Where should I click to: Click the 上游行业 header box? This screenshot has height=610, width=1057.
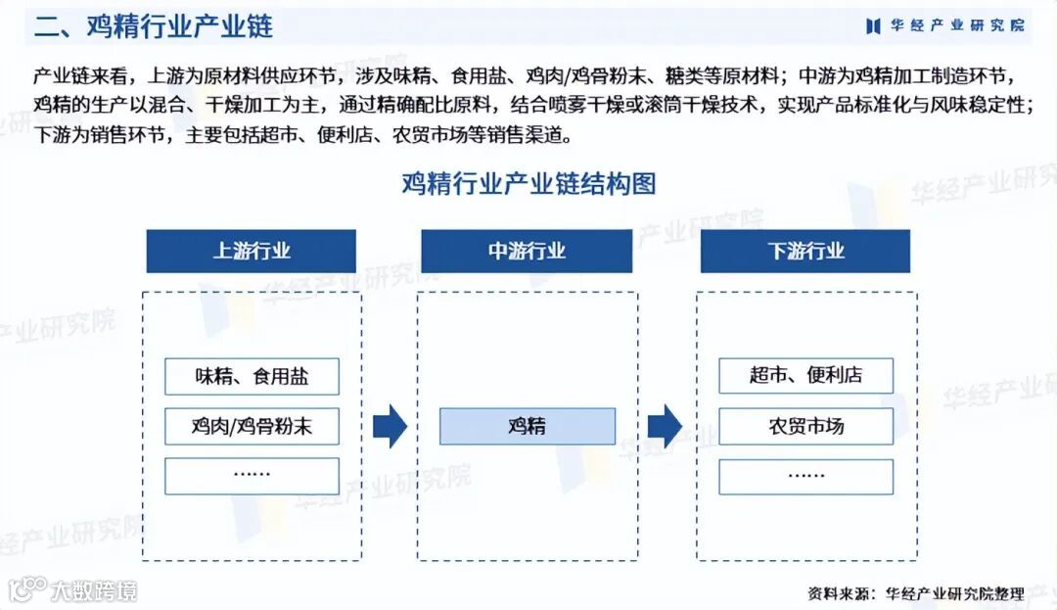pos(252,251)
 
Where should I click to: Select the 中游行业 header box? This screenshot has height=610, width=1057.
pos(527,251)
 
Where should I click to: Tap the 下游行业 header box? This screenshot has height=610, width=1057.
pos(805,251)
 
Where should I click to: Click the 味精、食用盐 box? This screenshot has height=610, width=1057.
pos(252,376)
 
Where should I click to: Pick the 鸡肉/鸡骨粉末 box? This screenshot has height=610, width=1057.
pos(252,426)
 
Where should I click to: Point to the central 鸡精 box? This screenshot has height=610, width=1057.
pos(527,426)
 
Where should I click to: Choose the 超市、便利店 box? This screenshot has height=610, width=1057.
pos(805,376)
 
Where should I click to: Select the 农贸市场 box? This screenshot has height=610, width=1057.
pos(805,426)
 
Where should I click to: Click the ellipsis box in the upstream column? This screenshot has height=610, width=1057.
pos(252,476)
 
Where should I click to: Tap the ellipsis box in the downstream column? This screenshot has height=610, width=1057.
pos(805,476)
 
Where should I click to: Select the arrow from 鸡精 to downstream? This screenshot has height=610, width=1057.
pos(665,426)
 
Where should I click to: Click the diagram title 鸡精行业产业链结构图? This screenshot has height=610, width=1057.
pos(528,183)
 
